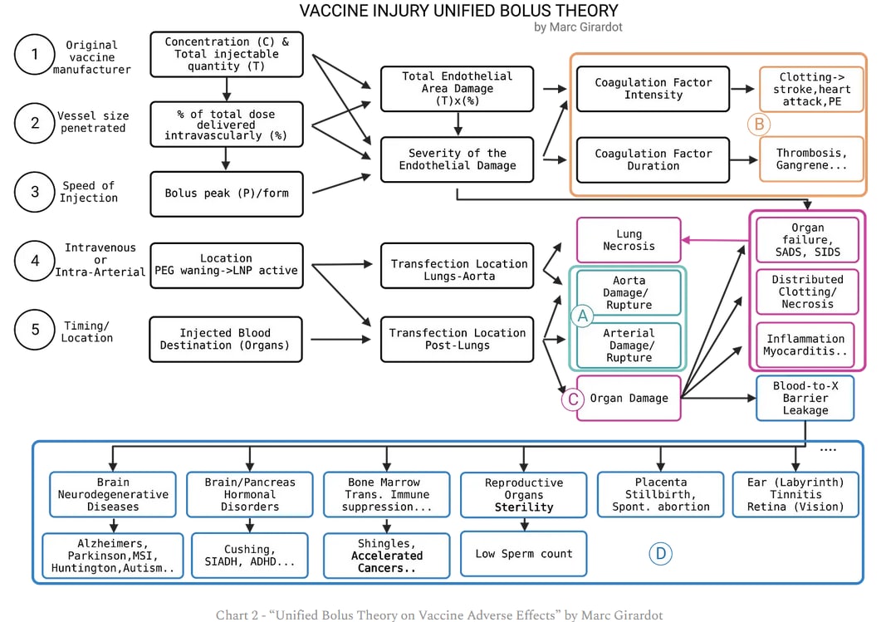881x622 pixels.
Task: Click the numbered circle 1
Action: coord(35,55)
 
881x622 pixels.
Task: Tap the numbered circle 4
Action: coord(35,261)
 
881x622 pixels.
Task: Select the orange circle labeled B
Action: coord(758,125)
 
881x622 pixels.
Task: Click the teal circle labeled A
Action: coord(582,316)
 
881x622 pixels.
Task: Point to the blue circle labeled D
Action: coord(660,554)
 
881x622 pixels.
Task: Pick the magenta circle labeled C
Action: coord(572,399)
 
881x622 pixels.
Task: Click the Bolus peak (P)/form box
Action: coord(227,193)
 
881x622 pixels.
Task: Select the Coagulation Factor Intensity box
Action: coord(653,90)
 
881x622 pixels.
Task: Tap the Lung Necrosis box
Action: coord(629,240)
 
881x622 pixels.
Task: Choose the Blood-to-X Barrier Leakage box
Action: coord(805,399)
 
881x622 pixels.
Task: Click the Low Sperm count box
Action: coord(523,554)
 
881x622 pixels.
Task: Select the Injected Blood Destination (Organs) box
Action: coord(227,339)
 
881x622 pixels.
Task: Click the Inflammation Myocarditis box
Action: coord(805,345)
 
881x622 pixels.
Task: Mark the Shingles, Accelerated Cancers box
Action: coord(386,556)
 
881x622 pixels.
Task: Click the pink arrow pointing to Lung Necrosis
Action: coord(715,240)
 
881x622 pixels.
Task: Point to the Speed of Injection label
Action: coord(87,192)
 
